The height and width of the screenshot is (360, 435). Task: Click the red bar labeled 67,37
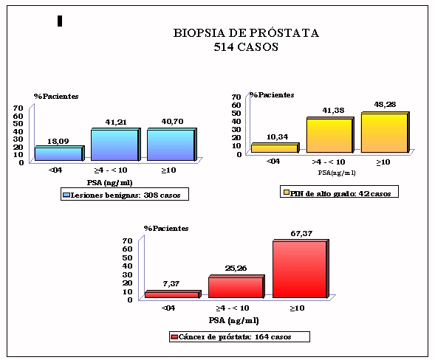301,269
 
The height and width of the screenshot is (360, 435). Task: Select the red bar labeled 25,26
236,286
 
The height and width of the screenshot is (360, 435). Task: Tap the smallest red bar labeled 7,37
173,294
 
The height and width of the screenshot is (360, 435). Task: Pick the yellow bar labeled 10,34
275,148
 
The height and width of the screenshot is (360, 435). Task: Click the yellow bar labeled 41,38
330,135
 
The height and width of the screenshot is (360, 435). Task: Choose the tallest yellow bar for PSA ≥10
385,132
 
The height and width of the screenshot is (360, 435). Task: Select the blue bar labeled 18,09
59,153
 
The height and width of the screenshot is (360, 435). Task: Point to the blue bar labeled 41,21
116,145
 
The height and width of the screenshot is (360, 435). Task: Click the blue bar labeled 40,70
172,145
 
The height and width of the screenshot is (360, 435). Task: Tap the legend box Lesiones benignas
125,194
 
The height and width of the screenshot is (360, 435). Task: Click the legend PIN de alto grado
339,192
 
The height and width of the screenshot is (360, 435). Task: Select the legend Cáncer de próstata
239,336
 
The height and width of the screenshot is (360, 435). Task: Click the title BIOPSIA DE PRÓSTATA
246,33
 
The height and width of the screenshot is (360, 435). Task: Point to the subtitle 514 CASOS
246,46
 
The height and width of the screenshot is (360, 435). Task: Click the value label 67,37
301,233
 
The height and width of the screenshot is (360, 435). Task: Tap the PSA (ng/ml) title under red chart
233,320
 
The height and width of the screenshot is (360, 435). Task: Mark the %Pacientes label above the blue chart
56,96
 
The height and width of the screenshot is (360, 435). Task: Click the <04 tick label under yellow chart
273,162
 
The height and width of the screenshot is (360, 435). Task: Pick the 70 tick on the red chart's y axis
127,240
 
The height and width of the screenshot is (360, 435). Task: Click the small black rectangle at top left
60,21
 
